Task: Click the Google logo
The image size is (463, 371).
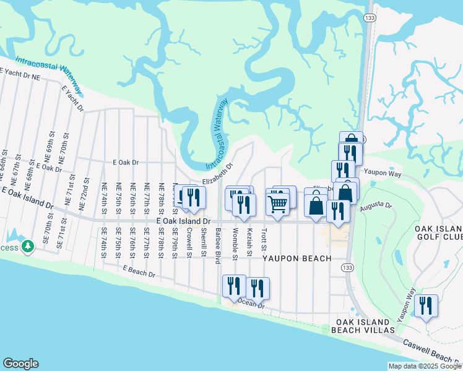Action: (x=20, y=364)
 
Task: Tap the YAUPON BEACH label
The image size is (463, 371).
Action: (x=296, y=258)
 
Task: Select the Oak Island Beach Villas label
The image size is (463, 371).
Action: (x=363, y=326)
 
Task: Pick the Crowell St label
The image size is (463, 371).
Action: (x=189, y=239)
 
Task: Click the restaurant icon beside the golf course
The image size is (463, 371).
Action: (x=426, y=306)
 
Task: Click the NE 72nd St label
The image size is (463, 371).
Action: (x=81, y=197)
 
